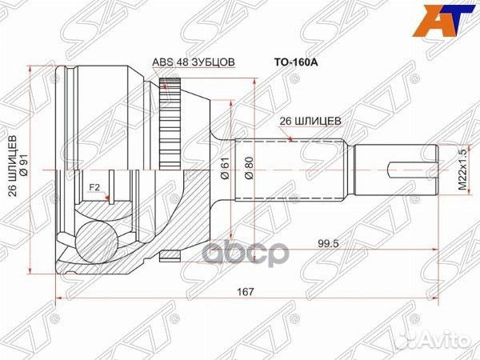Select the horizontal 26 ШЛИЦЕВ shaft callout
pos(310,121)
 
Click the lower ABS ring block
pos(168,255)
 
